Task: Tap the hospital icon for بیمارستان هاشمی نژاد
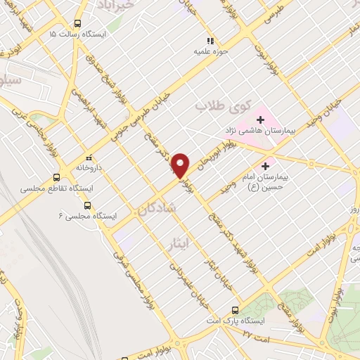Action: point(260,120)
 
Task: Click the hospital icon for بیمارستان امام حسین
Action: point(264,167)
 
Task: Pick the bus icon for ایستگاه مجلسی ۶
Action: point(87,205)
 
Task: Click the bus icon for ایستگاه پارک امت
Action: point(235,310)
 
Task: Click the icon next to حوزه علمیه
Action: point(210,40)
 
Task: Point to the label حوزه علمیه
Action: point(210,51)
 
